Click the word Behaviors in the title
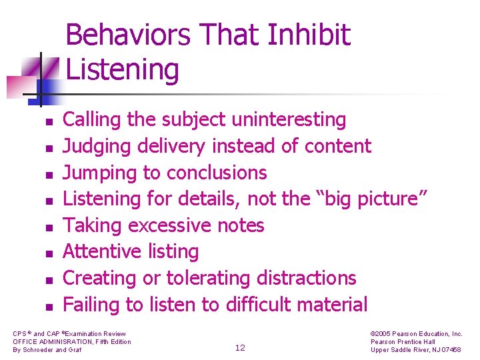pyautogui.click(x=128, y=34)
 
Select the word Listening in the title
pyautogui.click(x=122, y=71)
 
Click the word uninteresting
pyautogui.click(x=289, y=119)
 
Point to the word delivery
pyautogui.click(x=171, y=146)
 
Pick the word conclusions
pyautogui.click(x=217, y=173)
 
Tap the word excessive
pyautogui.click(x=170, y=225)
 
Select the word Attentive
pyautogui.click(x=103, y=251)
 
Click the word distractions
pyautogui.click(x=306, y=278)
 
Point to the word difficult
pyautogui.click(x=259, y=304)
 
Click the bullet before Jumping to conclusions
pyautogui.click(x=49, y=175)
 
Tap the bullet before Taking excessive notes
pyautogui.click(x=49, y=228)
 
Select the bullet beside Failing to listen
pyautogui.click(x=49, y=307)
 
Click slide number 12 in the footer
pyautogui.click(x=240, y=348)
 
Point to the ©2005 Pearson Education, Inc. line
pyautogui.click(x=416, y=334)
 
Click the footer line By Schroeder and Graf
pyautogui.click(x=47, y=349)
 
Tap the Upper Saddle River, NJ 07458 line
pyautogui.click(x=415, y=349)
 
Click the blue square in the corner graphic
pyautogui.click(x=46, y=92)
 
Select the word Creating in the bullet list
pyautogui.click(x=99, y=278)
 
